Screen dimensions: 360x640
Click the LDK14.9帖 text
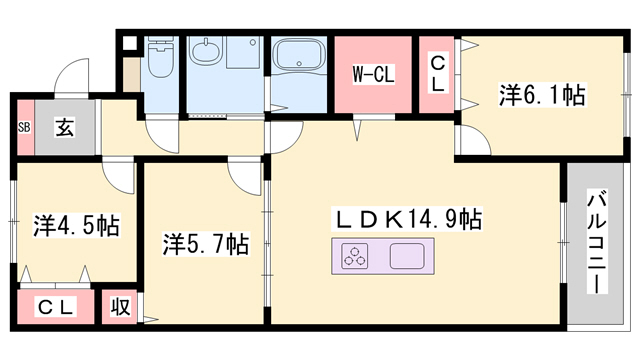(408, 219)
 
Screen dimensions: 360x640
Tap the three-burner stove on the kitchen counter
(355, 258)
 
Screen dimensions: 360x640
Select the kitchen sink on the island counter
(411, 258)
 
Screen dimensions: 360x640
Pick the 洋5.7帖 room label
(206, 243)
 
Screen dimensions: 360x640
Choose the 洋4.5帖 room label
(75, 224)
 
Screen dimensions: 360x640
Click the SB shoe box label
(24, 127)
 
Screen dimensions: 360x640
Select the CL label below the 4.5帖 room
(56, 307)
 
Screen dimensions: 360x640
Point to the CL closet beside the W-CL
(438, 74)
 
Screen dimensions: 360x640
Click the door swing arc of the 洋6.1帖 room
(472, 141)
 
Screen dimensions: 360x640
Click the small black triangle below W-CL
(355, 127)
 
